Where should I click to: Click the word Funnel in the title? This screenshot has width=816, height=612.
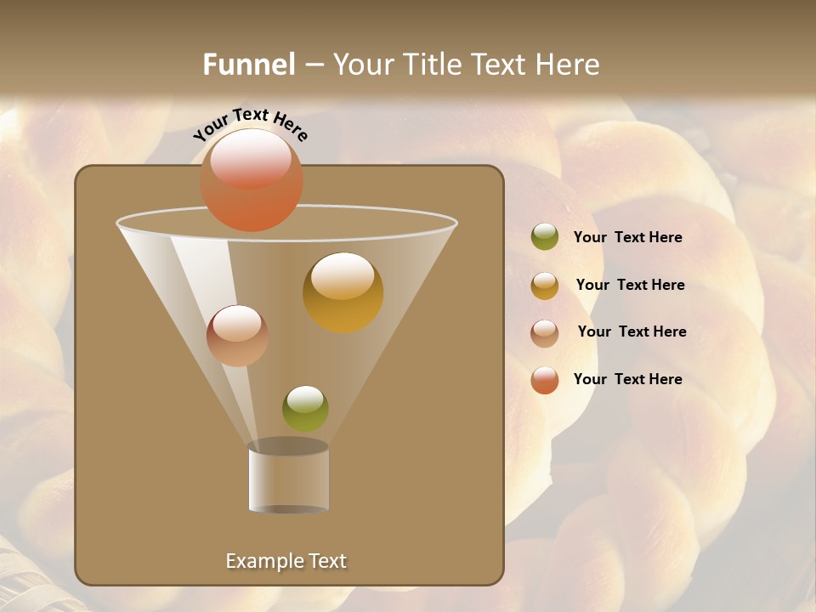[x=248, y=65]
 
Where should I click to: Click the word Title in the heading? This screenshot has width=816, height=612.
[x=433, y=65]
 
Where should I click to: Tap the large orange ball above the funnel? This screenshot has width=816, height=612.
[x=252, y=180]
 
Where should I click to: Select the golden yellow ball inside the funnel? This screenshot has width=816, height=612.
[x=343, y=292]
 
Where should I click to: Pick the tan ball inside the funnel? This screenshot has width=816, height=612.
[x=237, y=336]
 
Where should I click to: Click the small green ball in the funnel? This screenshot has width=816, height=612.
[x=305, y=409]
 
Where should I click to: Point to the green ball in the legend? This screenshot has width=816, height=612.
[x=545, y=237]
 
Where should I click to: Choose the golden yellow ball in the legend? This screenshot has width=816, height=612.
[x=545, y=286]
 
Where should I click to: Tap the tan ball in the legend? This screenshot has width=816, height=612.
[x=545, y=332]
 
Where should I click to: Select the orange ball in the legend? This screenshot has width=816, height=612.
[x=545, y=380]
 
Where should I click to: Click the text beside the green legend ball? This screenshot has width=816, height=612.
[x=627, y=237]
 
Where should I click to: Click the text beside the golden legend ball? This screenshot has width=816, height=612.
[x=630, y=285]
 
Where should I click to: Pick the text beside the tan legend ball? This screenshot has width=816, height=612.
[x=632, y=331]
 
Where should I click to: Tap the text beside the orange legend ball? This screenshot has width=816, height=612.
[x=627, y=379]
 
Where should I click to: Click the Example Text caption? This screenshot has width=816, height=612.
[x=286, y=561]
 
